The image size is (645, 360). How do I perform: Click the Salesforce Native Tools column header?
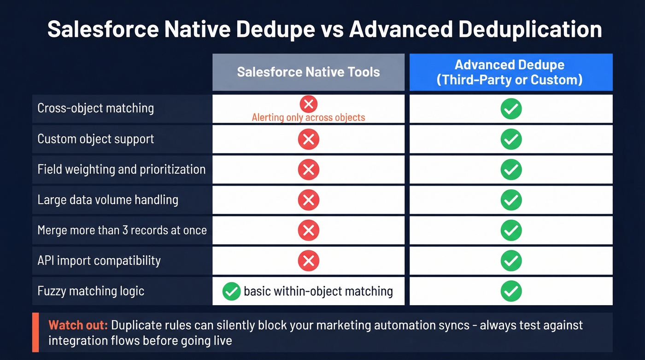click(308, 72)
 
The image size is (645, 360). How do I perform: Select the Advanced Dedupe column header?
click(510, 72)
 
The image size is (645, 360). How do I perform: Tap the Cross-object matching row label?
click(96, 108)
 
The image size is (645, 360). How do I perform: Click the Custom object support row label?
click(96, 139)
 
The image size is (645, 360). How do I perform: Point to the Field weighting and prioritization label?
click(121, 169)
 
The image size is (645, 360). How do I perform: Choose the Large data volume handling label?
click(108, 200)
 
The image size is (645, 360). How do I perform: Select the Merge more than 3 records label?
click(122, 230)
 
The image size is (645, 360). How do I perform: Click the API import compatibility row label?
click(99, 260)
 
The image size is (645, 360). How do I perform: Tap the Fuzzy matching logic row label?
click(91, 291)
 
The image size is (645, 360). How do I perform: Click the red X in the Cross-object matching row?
click(308, 104)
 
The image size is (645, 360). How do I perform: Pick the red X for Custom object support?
click(308, 139)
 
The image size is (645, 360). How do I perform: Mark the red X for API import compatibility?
click(308, 260)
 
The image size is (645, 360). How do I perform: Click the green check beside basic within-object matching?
click(231, 291)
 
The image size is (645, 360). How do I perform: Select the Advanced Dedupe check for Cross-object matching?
click(511, 109)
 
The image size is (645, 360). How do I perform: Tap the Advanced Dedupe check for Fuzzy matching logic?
click(511, 291)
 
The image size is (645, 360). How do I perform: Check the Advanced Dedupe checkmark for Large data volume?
click(511, 200)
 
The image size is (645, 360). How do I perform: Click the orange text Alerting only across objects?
click(308, 117)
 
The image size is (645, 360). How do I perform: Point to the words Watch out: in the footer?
click(78, 325)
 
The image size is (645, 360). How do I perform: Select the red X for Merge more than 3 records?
click(308, 230)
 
